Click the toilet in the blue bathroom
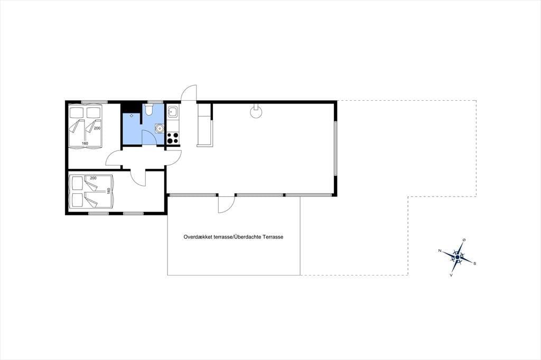coord(149,110)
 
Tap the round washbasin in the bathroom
coord(159,128)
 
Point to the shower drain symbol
coord(132,116)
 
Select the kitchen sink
coord(173,111)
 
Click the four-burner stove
coord(173,138)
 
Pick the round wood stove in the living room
coord(256,112)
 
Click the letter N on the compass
coord(440,251)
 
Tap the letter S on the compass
coord(474,263)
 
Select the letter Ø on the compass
coord(464,240)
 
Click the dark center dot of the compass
coord(458,257)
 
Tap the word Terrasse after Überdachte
coord(273,237)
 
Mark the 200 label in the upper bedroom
coord(97,128)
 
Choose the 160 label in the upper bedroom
coord(85,143)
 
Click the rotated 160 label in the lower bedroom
coord(109,191)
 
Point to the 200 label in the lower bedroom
coord(93,178)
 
